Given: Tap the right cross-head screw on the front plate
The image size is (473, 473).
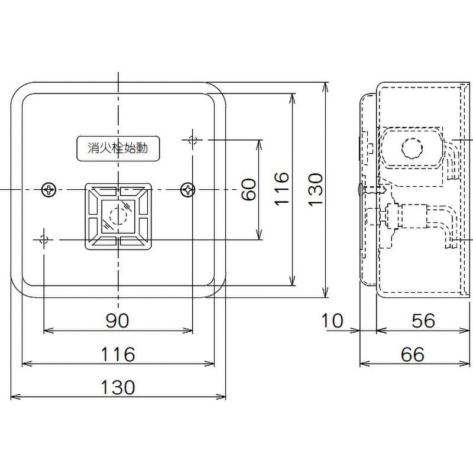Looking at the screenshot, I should (x=187, y=190).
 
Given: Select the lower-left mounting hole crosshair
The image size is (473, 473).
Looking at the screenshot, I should (x=43, y=239).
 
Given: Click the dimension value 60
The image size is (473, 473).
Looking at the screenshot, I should (x=249, y=189).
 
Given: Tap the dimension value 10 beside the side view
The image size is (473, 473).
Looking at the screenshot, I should (x=333, y=320).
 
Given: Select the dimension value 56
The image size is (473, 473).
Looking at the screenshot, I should (x=422, y=320).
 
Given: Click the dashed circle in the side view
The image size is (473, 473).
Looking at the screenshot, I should (x=412, y=147).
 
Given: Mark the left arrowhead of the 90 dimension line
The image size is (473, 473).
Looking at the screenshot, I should (x=47, y=329).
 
